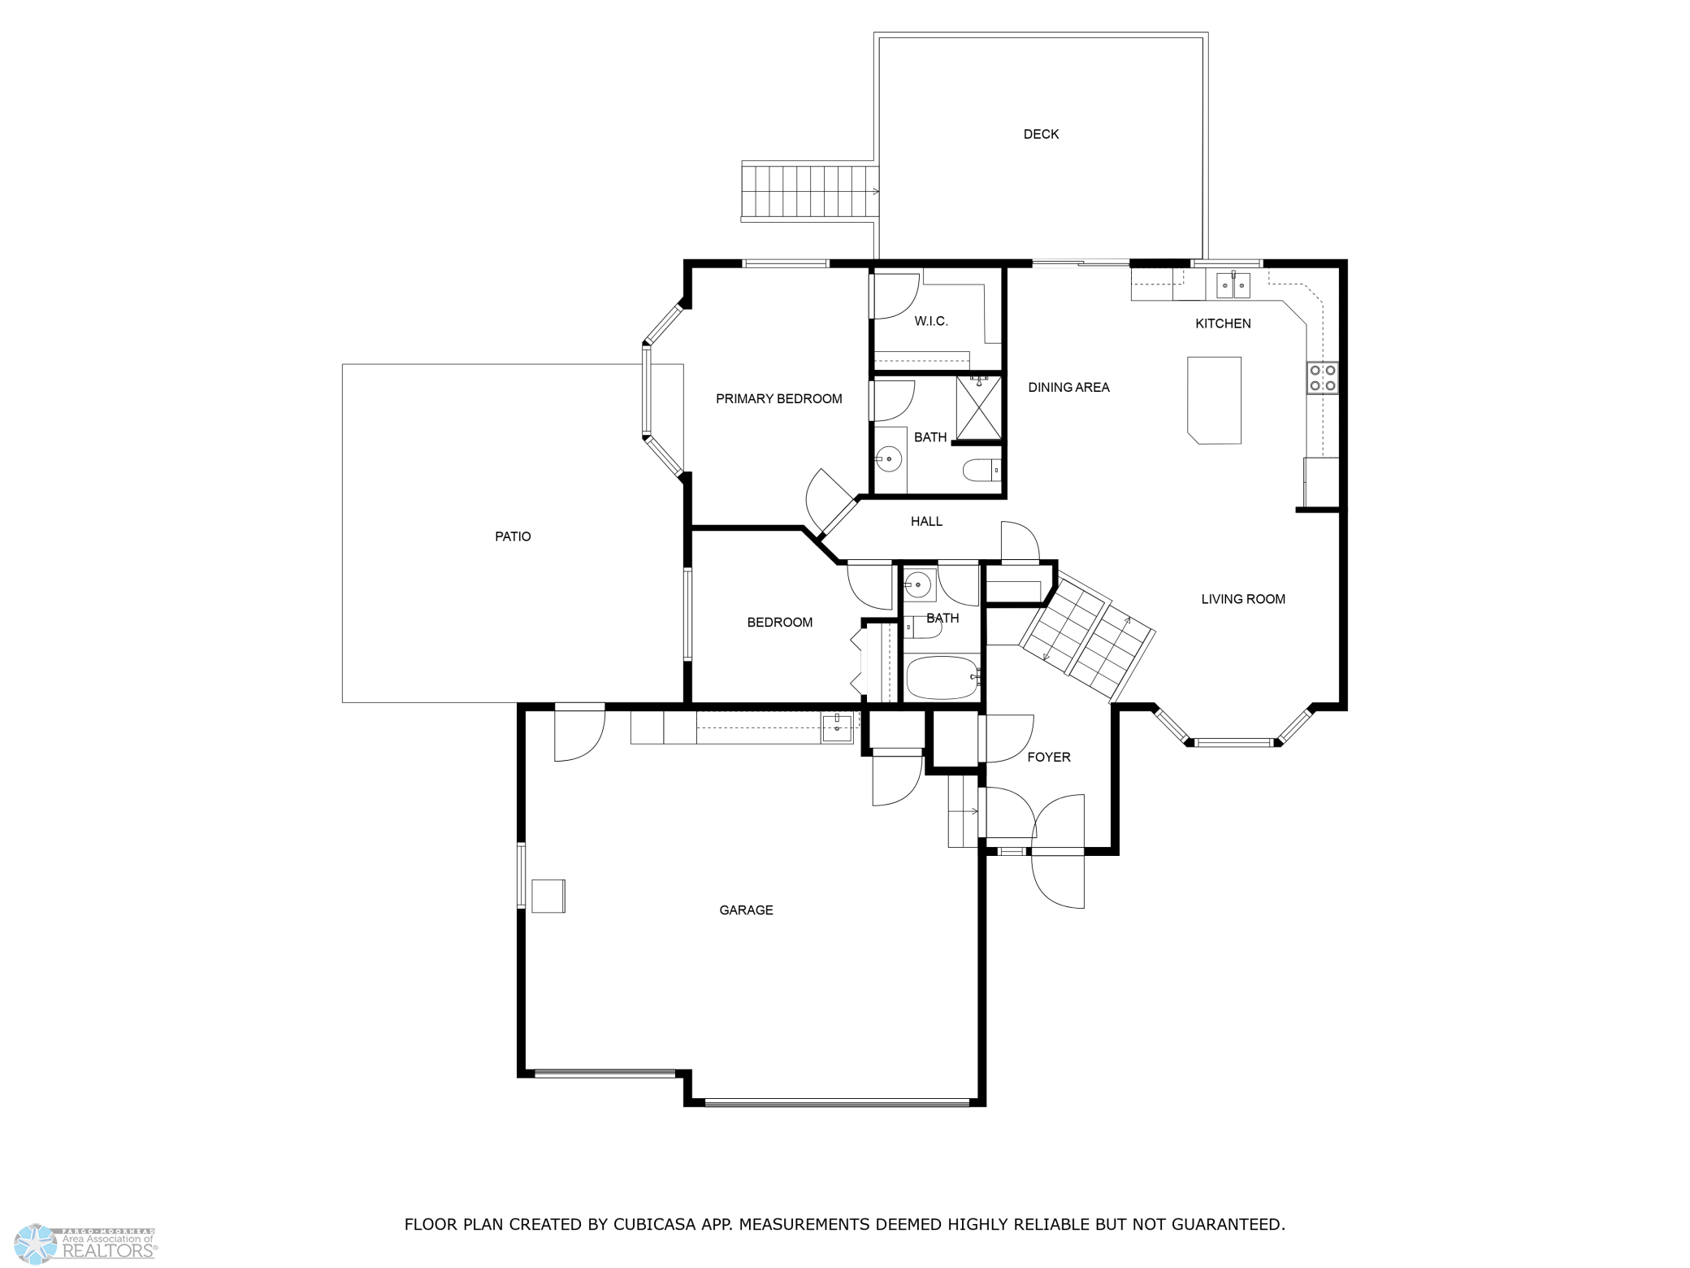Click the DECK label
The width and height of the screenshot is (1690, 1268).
click(1041, 134)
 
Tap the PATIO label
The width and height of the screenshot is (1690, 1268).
click(513, 536)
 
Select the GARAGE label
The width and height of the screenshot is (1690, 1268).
click(746, 910)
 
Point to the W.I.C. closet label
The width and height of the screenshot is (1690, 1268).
click(931, 321)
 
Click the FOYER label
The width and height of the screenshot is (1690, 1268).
click(1049, 757)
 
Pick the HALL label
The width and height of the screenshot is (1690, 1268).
click(926, 521)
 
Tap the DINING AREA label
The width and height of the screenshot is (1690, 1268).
click(1068, 387)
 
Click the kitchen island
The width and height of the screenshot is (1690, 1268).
click(1214, 400)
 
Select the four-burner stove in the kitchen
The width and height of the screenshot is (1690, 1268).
click(1322, 378)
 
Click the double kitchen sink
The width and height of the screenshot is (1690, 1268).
click(1233, 284)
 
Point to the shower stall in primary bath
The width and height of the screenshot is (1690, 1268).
click(978, 407)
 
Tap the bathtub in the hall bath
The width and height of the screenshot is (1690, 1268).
click(942, 677)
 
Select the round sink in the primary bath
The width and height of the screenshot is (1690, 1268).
click(888, 459)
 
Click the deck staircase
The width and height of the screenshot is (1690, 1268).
click(810, 191)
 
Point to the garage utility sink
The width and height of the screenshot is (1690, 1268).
click(837, 727)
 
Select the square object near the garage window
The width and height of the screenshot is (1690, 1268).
click(548, 896)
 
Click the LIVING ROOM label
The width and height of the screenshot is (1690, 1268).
click(1243, 599)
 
